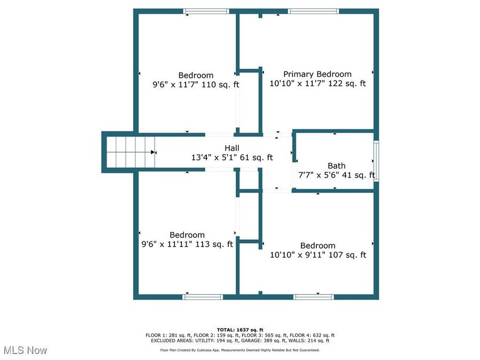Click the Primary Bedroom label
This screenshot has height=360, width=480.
(317, 74)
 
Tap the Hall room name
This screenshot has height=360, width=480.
(231, 148)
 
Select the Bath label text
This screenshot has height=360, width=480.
(336, 166)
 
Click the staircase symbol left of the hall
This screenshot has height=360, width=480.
(130, 152)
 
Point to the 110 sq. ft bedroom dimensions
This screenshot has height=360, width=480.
(196, 84)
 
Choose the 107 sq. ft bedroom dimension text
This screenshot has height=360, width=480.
(318, 255)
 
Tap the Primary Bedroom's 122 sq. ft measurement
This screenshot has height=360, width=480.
(317, 83)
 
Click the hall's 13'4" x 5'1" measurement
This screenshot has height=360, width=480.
(231, 157)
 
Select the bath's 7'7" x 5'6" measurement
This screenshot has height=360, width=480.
(336, 175)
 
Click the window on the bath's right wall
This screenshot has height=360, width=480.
(376, 161)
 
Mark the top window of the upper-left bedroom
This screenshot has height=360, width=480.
(206, 11)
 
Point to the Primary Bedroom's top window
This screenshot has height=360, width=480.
(313, 11)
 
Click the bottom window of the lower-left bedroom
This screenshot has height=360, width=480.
(203, 297)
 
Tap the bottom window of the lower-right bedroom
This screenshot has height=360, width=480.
(314, 297)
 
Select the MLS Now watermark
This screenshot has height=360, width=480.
(25, 350)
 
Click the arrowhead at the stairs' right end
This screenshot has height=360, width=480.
(154, 152)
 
